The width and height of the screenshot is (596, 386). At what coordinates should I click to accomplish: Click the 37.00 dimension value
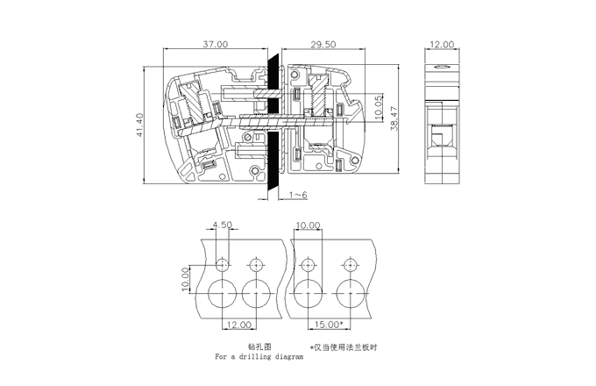[215, 44]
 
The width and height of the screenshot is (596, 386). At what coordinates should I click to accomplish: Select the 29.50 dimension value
[323, 44]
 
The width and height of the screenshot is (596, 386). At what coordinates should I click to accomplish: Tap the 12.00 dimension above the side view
[442, 44]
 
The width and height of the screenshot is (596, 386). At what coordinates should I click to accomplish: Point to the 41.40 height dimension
[139, 125]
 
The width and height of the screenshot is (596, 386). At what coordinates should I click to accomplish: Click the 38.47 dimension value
[394, 118]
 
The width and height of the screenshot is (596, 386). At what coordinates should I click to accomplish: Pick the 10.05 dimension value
[379, 108]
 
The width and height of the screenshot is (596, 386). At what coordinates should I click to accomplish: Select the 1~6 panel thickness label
[298, 195]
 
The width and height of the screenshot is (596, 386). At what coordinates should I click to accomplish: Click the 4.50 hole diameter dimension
[222, 225]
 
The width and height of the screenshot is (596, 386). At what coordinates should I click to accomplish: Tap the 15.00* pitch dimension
[329, 325]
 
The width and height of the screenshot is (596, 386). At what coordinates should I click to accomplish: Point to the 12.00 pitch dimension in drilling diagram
[239, 325]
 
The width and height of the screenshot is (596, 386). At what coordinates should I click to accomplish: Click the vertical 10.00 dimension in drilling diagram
[185, 280]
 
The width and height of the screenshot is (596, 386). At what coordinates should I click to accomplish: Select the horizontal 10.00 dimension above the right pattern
[308, 225]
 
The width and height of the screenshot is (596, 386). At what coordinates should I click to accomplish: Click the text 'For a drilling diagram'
[259, 357]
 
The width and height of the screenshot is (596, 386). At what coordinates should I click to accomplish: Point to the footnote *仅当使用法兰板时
[344, 347]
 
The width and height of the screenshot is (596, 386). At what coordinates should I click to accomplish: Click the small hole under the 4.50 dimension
[223, 265]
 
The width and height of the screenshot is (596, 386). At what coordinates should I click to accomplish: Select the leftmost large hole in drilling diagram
[223, 294]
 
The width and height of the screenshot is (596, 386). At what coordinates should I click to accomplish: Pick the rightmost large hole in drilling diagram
[351, 294]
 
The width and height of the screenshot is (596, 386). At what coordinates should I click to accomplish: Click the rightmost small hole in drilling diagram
[350, 265]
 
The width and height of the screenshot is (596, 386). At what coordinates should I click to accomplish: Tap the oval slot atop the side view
[442, 68]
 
